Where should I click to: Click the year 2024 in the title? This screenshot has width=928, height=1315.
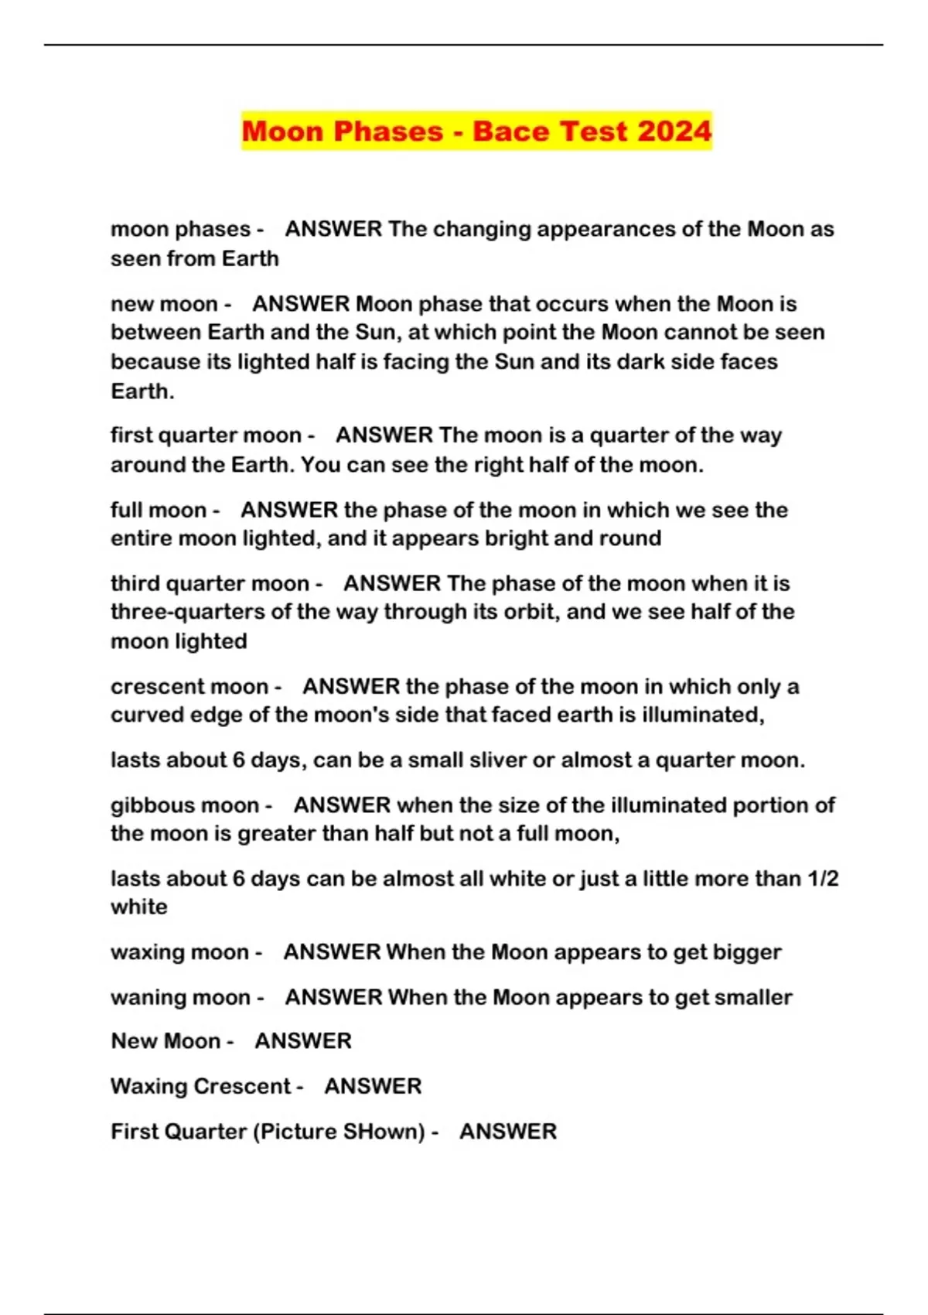[674, 131]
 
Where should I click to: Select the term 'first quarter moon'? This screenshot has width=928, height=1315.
[206, 435]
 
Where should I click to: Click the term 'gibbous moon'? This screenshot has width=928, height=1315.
[185, 805]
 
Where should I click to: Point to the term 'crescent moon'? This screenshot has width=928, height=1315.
[189, 687]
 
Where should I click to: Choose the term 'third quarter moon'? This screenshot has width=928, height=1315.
[210, 583]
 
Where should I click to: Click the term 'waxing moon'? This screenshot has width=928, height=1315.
[179, 952]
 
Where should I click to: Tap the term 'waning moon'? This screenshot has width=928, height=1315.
[180, 998]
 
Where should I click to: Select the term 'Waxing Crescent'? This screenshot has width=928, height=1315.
[200, 1087]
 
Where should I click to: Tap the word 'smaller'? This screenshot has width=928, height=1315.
[753, 998]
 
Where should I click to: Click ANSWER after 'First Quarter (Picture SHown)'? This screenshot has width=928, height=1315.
[508, 1132]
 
